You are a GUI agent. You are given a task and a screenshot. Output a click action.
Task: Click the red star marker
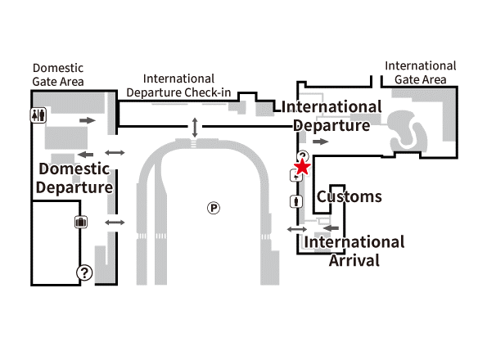(302, 167)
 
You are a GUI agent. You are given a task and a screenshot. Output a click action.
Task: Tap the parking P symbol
(214, 208)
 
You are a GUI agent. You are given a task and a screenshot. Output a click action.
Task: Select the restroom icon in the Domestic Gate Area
(38, 115)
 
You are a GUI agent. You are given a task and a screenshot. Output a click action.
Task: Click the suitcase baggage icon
(81, 223)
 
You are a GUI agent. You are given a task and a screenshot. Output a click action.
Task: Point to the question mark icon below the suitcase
(84, 272)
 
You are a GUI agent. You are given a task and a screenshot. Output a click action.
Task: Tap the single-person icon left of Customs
(296, 201)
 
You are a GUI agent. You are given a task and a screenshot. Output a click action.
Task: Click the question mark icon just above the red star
(303, 155)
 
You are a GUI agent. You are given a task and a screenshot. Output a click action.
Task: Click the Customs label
(349, 196)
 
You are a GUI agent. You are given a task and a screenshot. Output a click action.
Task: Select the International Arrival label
(354, 251)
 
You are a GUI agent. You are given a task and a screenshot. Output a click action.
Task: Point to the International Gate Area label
(421, 73)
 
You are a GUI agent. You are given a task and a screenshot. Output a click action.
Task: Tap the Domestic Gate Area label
(58, 74)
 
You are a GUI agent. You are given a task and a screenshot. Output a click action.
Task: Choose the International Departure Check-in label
(178, 85)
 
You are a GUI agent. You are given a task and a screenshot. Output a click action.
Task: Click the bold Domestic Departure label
(74, 178)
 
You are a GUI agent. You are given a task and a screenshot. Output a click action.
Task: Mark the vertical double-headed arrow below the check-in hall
(195, 128)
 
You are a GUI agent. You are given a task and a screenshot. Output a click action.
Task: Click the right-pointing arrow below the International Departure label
(321, 142)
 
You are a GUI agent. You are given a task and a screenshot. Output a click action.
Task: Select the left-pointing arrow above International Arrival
(331, 228)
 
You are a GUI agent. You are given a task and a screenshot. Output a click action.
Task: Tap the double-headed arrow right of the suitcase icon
(115, 223)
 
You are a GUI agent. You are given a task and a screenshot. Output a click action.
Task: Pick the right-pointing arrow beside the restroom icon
(88, 120)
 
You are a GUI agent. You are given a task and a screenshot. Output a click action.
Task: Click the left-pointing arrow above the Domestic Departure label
(85, 155)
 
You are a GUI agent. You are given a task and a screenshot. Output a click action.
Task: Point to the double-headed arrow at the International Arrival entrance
(297, 230)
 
